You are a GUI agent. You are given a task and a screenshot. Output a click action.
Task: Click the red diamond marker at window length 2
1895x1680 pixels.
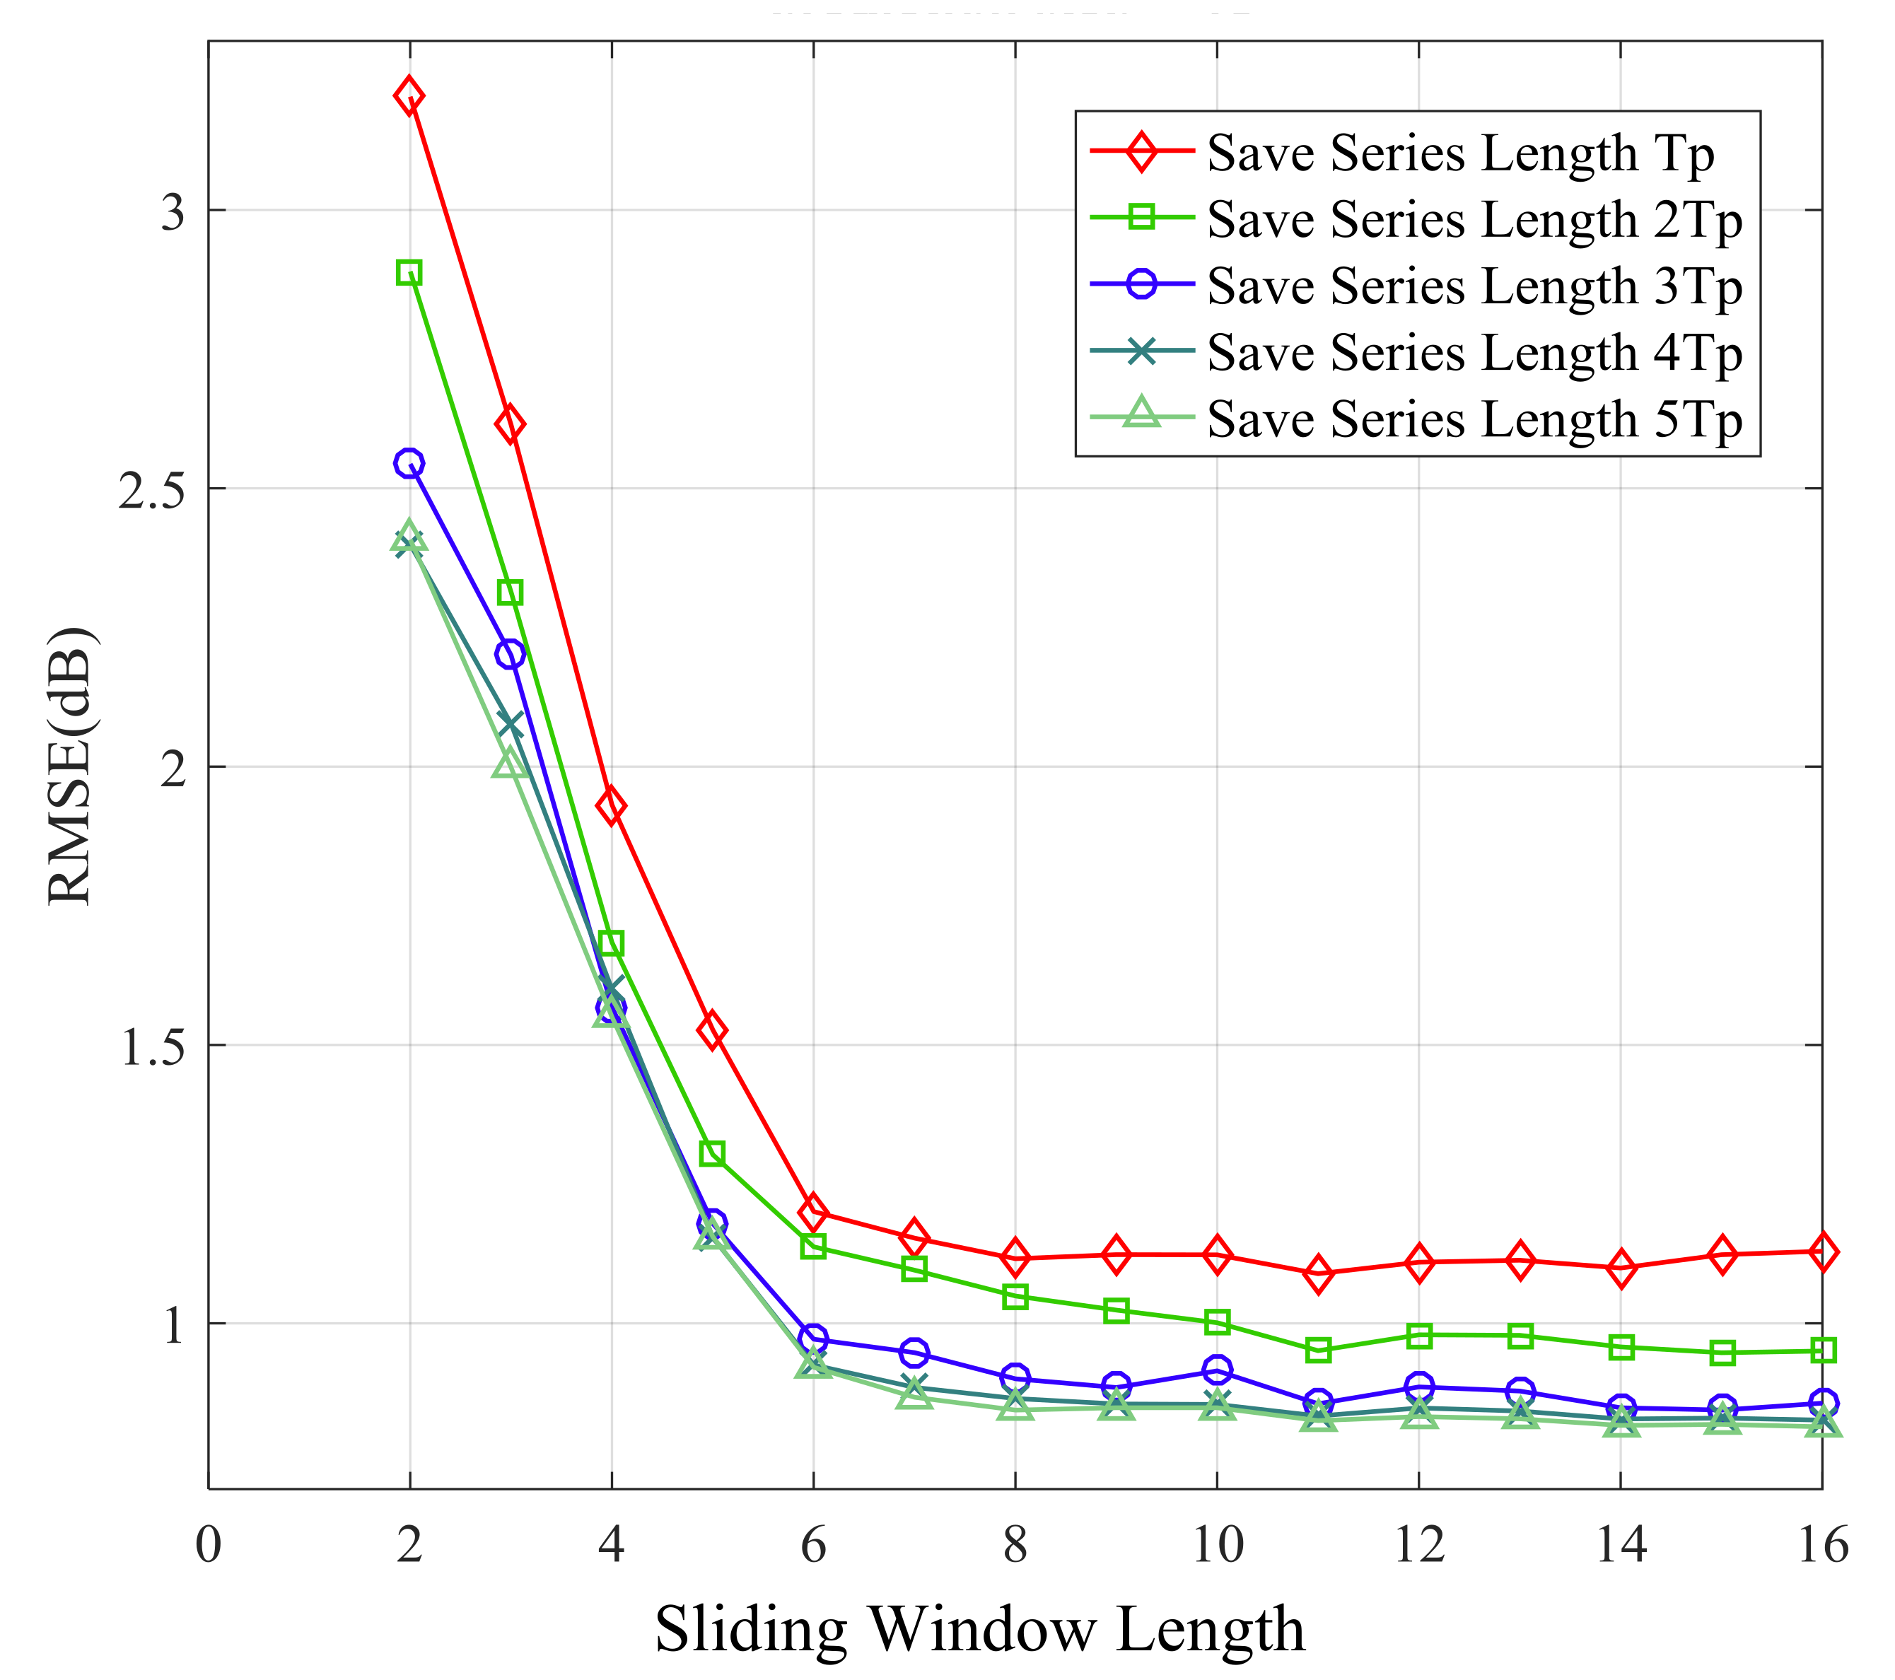tap(409, 95)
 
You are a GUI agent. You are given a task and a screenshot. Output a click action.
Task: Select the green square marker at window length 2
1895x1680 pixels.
tap(409, 273)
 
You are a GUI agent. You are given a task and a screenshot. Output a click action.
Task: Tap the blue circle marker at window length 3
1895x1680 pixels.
tap(510, 655)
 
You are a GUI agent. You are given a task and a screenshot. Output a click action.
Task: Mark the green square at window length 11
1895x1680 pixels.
tap(1318, 1351)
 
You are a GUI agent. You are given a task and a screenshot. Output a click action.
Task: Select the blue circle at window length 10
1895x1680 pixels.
tap(1218, 1370)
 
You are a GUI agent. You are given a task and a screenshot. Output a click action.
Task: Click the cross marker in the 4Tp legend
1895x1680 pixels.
tap(1142, 352)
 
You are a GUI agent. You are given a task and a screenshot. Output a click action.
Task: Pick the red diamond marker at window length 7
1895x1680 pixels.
tap(914, 1238)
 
